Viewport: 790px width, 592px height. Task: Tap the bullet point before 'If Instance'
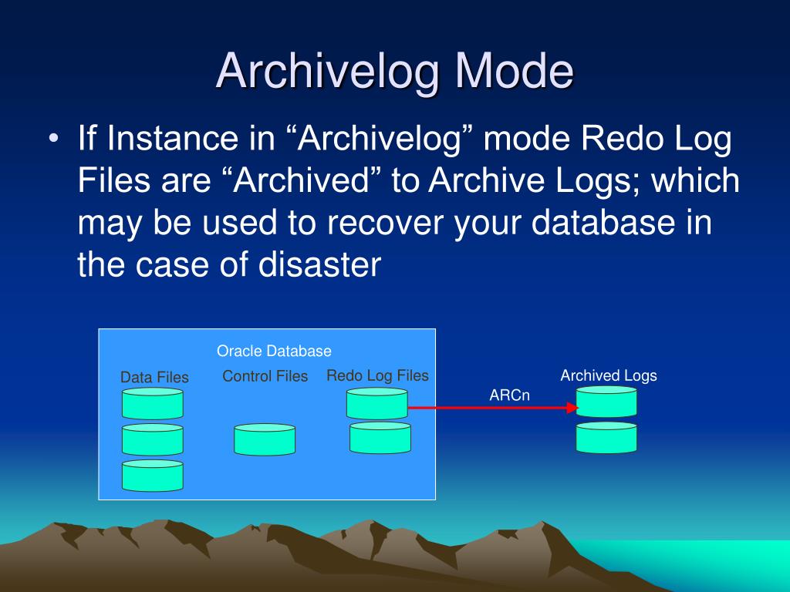52,140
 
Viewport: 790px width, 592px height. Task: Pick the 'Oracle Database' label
274,351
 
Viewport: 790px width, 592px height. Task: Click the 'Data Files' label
154,378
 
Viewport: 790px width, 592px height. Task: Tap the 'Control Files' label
265,376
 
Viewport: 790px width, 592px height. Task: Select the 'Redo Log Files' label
377,375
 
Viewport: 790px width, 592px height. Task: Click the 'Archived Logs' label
608,375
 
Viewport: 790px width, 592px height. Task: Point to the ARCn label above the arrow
509,395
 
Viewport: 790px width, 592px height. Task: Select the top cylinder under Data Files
152,404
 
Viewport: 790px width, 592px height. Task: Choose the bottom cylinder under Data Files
152,476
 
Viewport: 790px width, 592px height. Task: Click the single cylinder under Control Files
265,439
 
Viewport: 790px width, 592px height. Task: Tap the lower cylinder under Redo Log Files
380,437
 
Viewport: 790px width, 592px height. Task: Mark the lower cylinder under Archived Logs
606,437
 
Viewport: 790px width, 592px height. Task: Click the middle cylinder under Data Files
152,439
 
